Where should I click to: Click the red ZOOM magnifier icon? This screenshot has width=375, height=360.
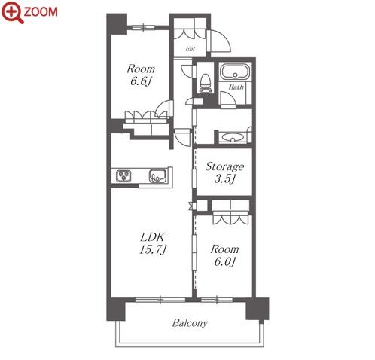coord(12,12)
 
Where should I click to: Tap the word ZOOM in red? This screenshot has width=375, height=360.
coord(41,12)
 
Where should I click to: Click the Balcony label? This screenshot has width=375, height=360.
coord(190,323)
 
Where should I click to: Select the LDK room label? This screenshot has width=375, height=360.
coord(152,237)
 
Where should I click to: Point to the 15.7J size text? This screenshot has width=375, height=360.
coord(153,250)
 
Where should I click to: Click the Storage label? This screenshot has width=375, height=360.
coord(224,166)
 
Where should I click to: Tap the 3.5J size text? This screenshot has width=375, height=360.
coord(225,179)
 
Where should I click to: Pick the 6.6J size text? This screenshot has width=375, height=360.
coord(141,81)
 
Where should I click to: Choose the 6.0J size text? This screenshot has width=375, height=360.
coord(225,262)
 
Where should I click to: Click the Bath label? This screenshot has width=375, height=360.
coord(236,87)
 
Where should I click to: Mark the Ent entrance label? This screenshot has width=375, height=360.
coord(190,49)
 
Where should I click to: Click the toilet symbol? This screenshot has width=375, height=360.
coord(206,84)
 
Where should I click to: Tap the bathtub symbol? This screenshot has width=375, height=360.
coord(235,72)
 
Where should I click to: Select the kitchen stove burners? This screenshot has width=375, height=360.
coord(123,175)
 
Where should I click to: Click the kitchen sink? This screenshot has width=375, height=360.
coord(158,175)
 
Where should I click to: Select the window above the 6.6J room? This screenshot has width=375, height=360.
coord(143,27)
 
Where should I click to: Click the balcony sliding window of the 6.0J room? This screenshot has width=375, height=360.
coord(217,300)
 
